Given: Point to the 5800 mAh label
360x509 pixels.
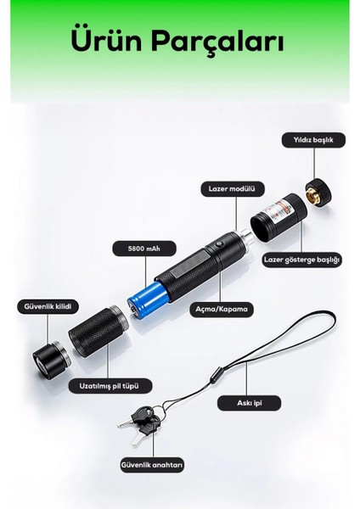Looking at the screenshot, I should (x=135, y=249).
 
